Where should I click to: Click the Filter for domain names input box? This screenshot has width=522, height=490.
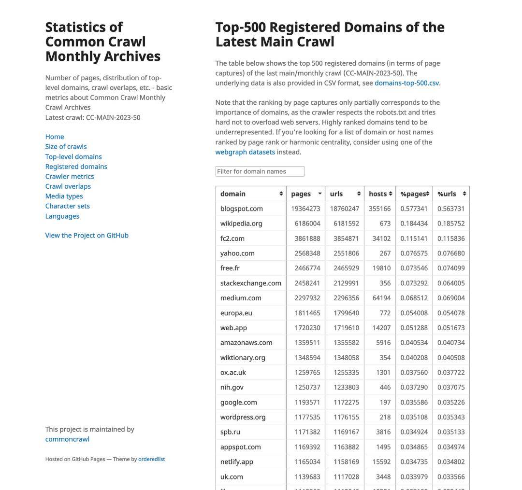[260, 171]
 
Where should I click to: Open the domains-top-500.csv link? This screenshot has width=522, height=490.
[406, 83]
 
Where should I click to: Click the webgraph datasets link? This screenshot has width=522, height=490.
[245, 152]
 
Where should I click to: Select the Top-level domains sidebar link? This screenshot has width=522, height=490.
[73, 156]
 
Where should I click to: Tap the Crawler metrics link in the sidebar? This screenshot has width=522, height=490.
[70, 176]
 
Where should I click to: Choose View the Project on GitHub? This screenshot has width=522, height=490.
[87, 235]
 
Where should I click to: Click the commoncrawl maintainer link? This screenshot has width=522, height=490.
[67, 439]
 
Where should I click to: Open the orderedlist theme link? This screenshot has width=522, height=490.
[151, 459]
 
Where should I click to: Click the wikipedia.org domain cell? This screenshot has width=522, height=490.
[241, 224]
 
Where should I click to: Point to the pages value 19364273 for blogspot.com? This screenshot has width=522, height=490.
[305, 209]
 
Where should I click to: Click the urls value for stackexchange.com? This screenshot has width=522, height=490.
[346, 283]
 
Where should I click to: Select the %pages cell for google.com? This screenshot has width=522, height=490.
[414, 402]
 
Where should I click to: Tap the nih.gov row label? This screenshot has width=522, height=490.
[232, 387]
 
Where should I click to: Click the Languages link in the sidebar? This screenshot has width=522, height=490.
[62, 216]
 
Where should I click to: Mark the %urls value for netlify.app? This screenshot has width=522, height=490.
[451, 462]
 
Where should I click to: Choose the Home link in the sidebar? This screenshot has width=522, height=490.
[55, 137]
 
